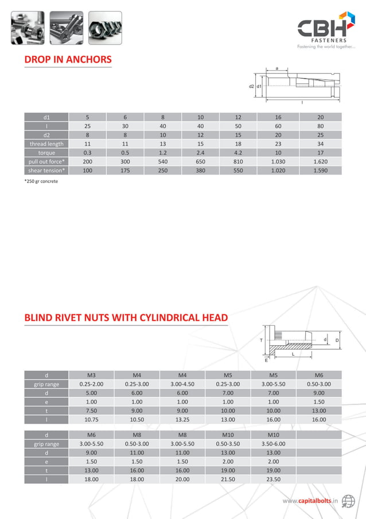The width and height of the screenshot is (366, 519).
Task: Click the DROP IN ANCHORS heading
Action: coord(68,60)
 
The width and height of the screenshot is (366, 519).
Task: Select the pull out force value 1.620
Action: coord(321,162)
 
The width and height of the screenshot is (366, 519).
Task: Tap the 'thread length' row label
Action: coord(46,144)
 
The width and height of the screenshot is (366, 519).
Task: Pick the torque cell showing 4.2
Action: coord(238,153)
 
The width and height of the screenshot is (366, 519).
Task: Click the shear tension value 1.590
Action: coord(321,171)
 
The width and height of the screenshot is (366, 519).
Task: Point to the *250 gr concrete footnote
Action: coord(41,182)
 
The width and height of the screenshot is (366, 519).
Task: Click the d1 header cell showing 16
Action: coord(277,117)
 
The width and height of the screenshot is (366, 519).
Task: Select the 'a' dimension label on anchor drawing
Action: coord(277,68)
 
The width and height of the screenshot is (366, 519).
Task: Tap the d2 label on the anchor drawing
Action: coord(251,86)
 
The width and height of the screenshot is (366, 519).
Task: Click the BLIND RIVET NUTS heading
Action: coord(126,317)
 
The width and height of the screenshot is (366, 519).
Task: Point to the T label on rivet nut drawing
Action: coord(261,340)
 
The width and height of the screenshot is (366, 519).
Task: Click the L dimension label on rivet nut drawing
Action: coord(293,355)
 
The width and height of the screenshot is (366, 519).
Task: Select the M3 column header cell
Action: coord(91,375)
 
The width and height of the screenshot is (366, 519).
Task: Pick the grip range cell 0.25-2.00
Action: coord(91,384)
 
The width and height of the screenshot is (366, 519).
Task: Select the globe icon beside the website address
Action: coord(348,501)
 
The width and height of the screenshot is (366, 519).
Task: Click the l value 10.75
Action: coord(91,420)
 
